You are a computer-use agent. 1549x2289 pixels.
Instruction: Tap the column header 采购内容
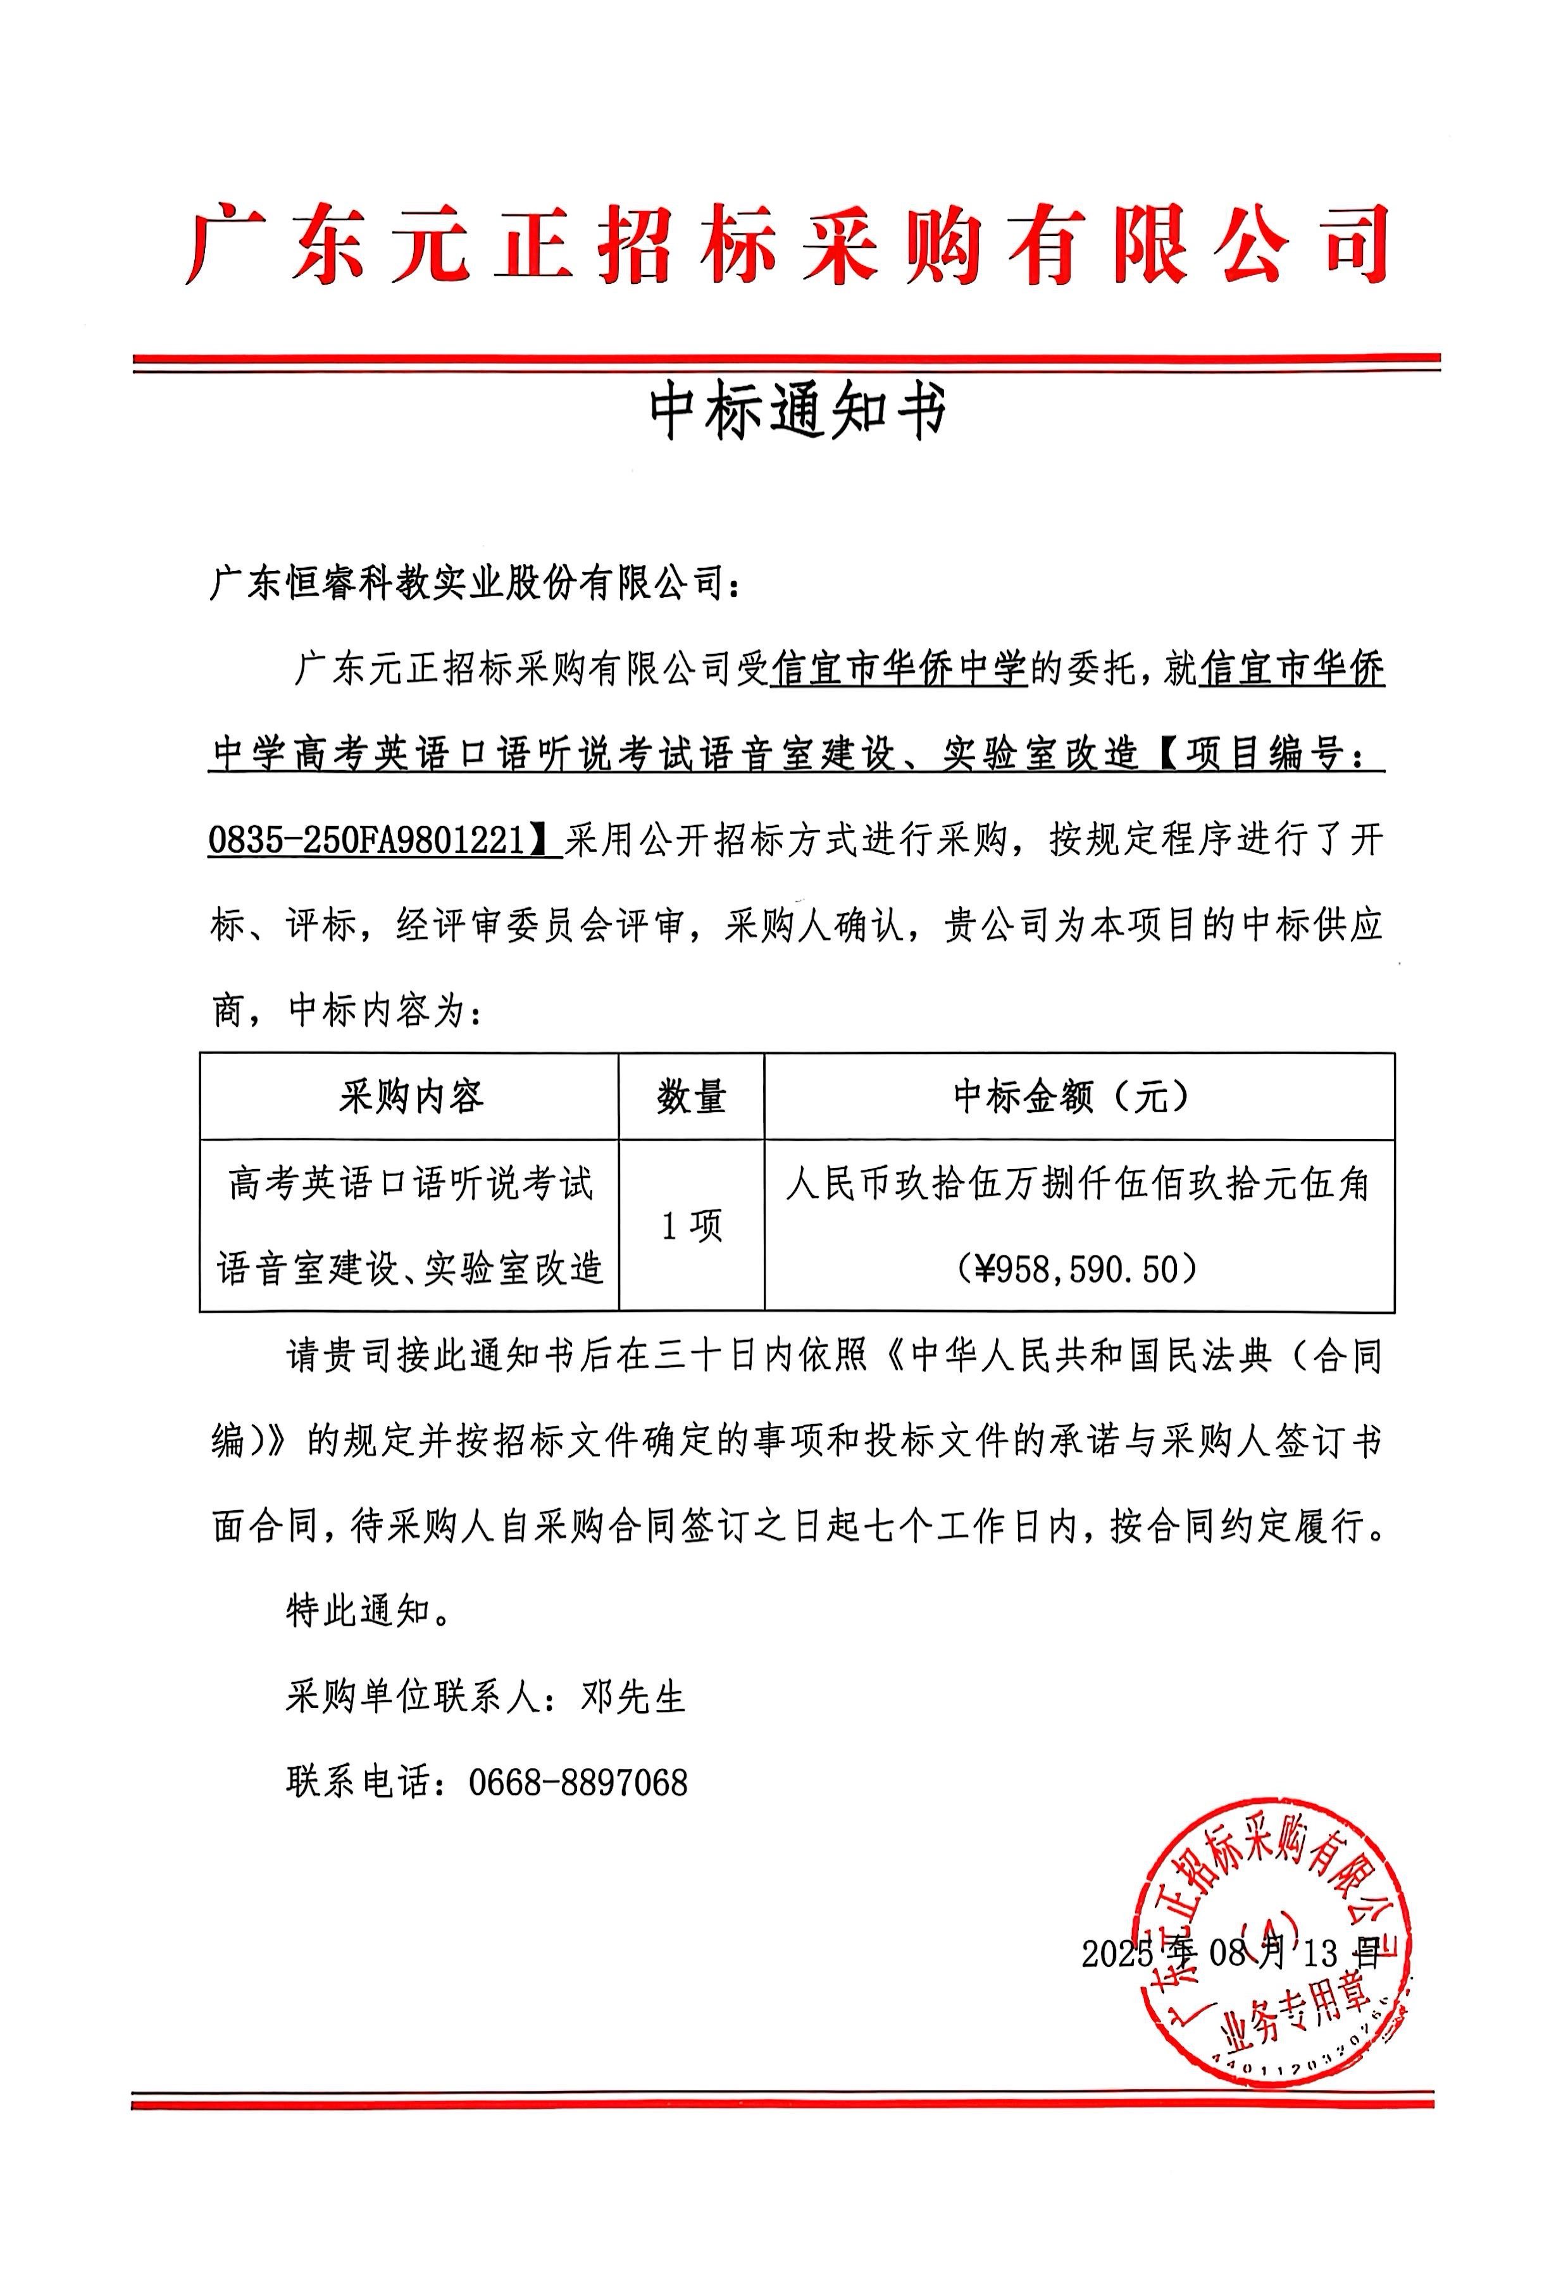(x=410, y=1096)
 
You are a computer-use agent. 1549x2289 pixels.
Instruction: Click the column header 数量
(x=691, y=1096)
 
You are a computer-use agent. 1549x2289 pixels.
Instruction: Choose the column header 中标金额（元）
(x=1078, y=1096)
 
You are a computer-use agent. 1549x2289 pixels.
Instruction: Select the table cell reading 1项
(x=691, y=1225)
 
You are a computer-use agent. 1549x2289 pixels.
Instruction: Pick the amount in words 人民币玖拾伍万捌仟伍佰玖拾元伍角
(x=1078, y=1183)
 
